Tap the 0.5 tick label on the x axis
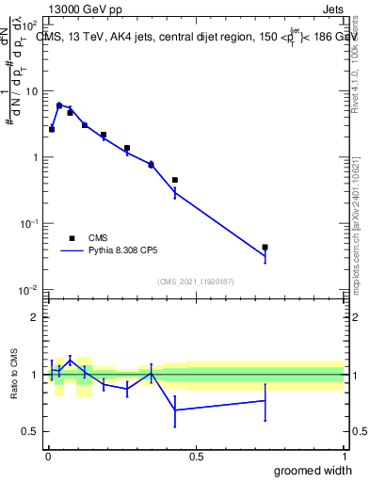tap(196, 457)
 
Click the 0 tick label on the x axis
tap(48, 457)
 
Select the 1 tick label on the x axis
tap(344, 457)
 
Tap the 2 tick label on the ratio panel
tap(36, 317)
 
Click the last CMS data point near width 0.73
tap(265, 248)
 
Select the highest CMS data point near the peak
tap(59, 105)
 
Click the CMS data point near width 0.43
tap(175, 180)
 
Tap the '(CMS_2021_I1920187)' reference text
tap(196, 281)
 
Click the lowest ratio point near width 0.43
tap(175, 410)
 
